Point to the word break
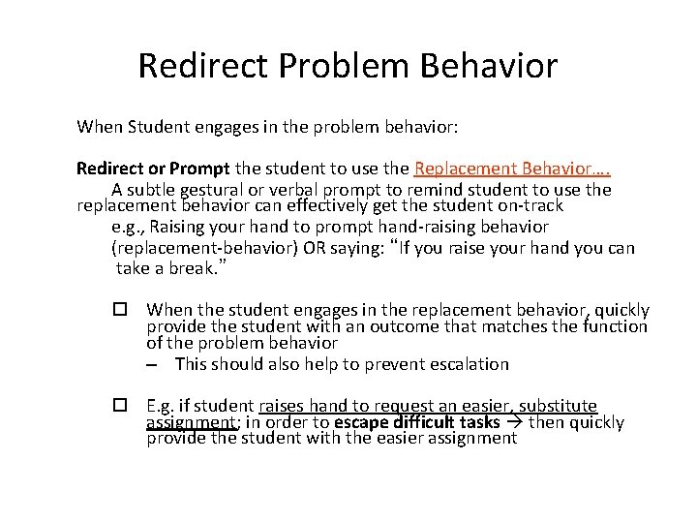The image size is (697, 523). pyautogui.click(x=199, y=267)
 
